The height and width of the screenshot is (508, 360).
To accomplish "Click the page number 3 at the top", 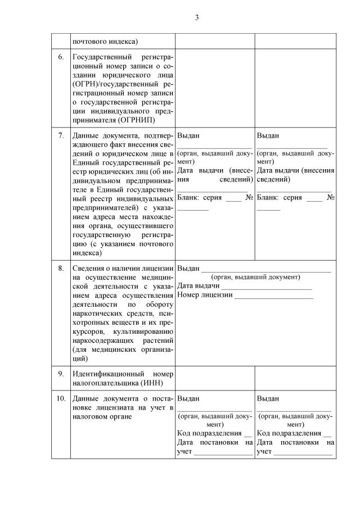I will (197, 17).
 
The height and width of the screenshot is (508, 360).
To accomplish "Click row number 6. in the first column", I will (61, 57).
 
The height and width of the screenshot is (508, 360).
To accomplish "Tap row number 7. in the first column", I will (61, 136).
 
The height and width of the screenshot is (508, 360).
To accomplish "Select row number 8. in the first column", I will (61, 268).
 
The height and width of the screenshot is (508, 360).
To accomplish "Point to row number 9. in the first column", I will (61, 373).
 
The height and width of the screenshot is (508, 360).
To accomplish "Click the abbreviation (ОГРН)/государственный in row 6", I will (115, 83).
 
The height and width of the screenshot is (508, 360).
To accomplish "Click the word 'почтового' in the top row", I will (90, 41).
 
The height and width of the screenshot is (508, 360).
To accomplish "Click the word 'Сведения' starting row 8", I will (89, 268).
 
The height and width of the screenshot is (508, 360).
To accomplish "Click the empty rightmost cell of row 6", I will (295, 88).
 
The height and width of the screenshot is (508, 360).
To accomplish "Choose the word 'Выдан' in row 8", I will (188, 268).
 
